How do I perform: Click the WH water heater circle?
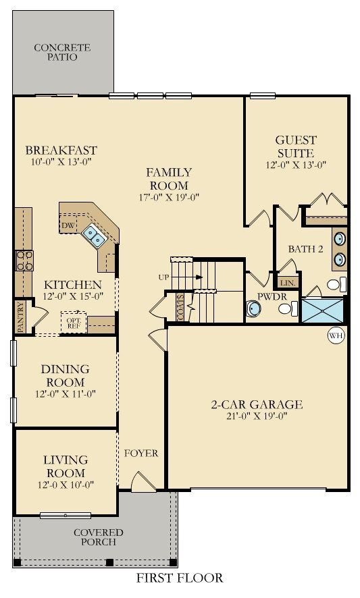pos(336,335)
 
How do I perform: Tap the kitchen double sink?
pos(95,236)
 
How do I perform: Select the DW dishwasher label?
pos(69,225)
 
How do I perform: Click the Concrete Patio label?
pos(62,52)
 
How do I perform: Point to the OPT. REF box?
pos(74,323)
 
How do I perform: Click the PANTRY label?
pos(21,317)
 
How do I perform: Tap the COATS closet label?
pos(180,307)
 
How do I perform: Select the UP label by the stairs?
pos(163,277)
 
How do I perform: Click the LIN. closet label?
pos(286,283)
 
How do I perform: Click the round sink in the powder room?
pos(253,308)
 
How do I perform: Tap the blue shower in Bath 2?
pos(323,310)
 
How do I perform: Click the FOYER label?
pos(141,453)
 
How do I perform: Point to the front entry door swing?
pos(143,481)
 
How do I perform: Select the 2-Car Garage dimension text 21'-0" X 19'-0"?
pos(257,416)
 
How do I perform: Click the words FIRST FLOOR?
pos(180,577)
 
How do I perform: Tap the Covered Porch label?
pos(99,537)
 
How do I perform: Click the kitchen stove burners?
pos(24,261)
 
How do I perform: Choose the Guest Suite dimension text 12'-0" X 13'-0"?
pos(296,165)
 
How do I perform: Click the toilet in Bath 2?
pos(336,285)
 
